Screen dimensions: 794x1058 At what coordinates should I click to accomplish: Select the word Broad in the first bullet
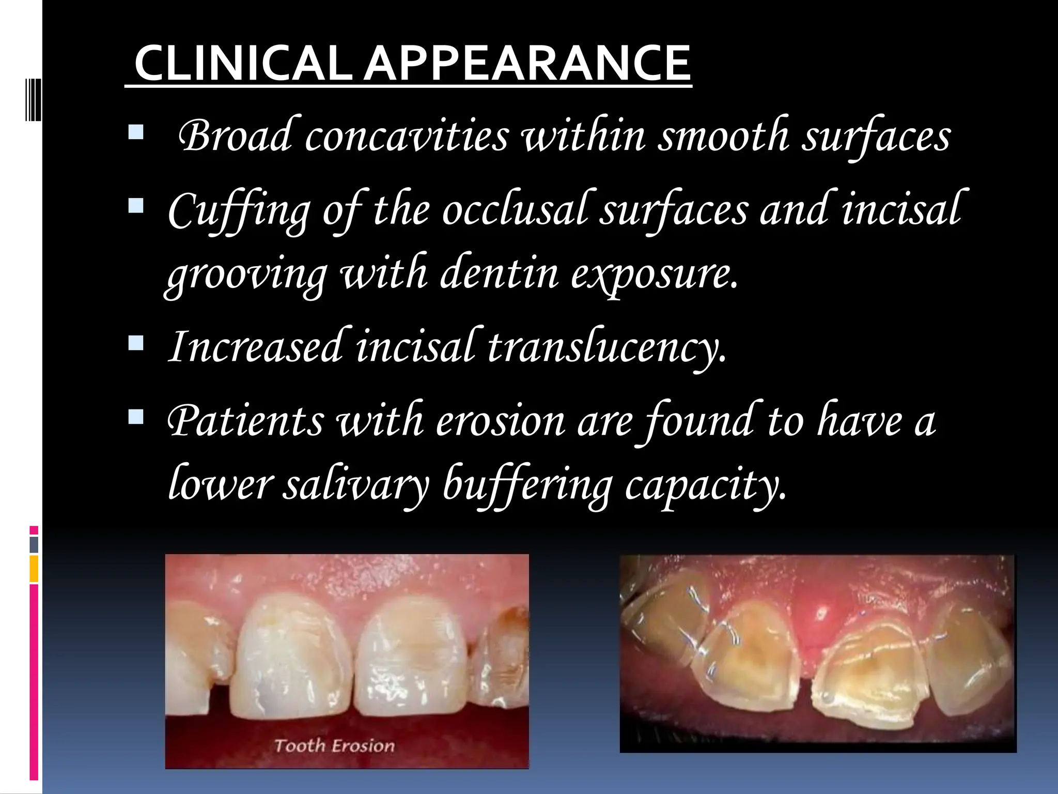237,136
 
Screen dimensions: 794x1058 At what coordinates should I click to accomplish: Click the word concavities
407,136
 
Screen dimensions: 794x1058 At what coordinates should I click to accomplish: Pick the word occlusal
515,210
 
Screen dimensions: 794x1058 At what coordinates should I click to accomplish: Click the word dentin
500,273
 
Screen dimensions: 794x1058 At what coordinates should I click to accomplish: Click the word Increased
256,346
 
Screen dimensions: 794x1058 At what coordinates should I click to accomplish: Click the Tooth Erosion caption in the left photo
334,745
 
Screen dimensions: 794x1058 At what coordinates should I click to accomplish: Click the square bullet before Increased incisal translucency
136,343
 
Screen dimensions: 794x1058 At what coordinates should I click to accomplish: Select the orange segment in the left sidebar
34,569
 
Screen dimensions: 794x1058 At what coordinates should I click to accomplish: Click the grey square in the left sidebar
34,544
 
